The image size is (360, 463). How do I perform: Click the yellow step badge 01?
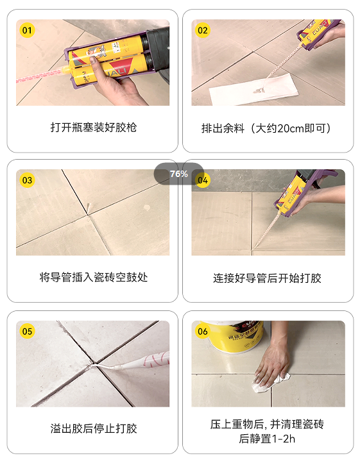point(27,30)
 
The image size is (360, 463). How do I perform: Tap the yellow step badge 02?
point(203,30)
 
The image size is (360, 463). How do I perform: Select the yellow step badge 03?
point(27,180)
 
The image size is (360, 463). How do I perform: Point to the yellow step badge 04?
point(203,180)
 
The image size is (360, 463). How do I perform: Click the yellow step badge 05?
point(27,332)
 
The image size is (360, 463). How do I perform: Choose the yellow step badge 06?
point(203,332)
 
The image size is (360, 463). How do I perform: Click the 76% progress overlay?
point(179,174)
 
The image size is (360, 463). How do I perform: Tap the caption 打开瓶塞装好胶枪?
point(94,128)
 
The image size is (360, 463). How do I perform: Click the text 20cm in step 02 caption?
point(291,128)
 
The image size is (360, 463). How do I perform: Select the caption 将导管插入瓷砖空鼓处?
point(94,277)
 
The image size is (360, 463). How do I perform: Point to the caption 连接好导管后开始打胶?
point(267,278)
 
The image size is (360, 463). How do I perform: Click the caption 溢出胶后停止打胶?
point(94,428)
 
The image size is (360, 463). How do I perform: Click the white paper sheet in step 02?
point(253,89)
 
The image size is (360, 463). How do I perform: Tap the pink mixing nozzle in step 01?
point(41,75)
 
